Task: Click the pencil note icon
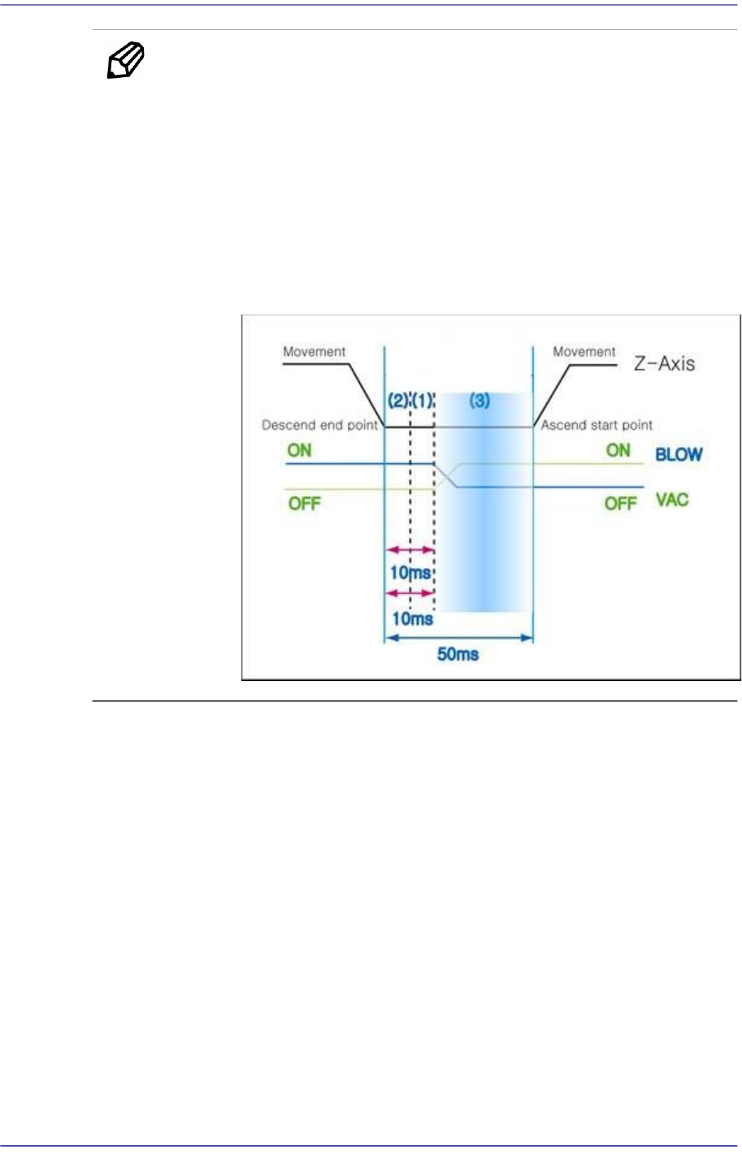pos(125,62)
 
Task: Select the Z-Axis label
pos(664,363)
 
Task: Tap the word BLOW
pos(679,454)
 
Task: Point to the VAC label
pos(672,499)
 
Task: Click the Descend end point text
pos(319,425)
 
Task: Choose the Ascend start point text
pos(597,425)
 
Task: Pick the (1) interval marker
pos(423,401)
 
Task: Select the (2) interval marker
pos(398,401)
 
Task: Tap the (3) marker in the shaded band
pos(480,401)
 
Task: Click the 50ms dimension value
pos(458,654)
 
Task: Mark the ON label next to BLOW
pos(618,450)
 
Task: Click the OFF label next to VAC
pos(620,503)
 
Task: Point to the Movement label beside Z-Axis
pos(584,352)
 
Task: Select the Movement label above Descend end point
pos(314,352)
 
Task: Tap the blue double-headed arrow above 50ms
pos(458,638)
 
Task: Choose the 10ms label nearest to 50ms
pos(413,619)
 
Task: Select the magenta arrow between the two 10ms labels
pos(410,593)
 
